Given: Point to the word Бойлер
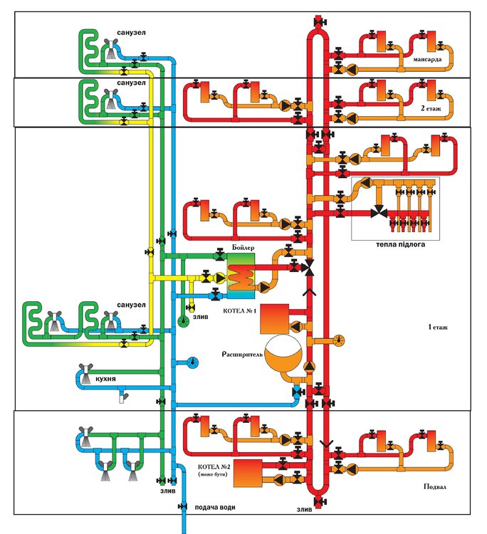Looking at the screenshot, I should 243,248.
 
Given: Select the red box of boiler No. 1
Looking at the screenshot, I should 276,318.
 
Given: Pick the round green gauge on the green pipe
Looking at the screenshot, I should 182,321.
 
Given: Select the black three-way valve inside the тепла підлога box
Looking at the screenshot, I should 379,211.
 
